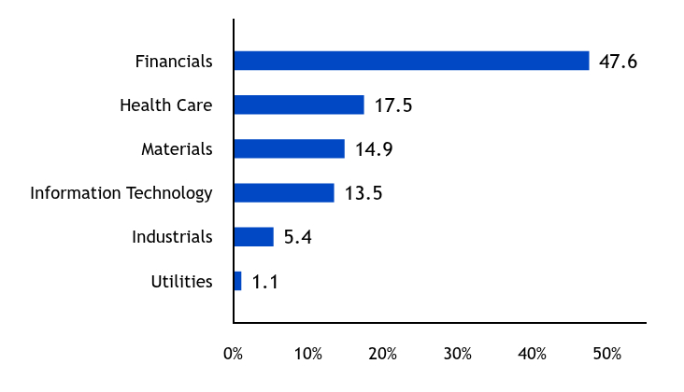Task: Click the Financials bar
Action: (x=411, y=61)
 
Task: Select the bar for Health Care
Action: (x=299, y=105)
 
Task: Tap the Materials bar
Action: (x=289, y=148)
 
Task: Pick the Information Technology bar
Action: (x=284, y=192)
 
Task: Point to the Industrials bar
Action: (x=254, y=237)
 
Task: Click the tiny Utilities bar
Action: (x=237, y=281)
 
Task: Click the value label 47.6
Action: (x=618, y=62)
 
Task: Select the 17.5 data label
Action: (x=393, y=105)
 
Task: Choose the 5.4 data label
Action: (x=297, y=237)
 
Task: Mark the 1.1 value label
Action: (x=264, y=281)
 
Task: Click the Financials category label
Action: (x=174, y=62)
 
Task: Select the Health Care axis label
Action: (x=166, y=105)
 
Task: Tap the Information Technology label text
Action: (x=121, y=193)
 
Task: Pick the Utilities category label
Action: (x=181, y=281)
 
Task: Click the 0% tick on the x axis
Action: (x=234, y=355)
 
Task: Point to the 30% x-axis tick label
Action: (x=458, y=355)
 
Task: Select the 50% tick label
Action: (x=607, y=355)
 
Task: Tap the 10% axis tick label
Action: (x=308, y=355)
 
